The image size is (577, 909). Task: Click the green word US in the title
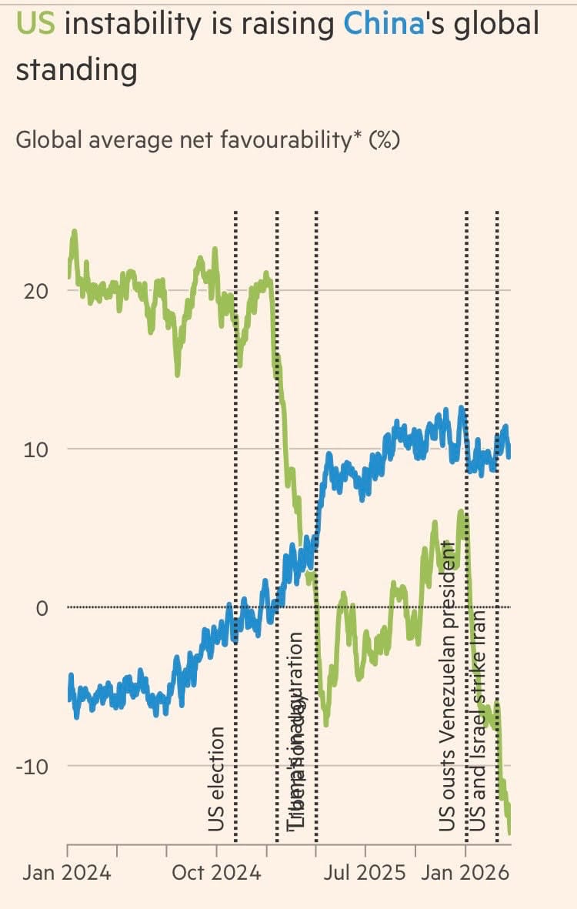[x=35, y=25]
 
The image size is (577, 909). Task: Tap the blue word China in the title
[x=384, y=25]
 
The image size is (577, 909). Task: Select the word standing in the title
[x=76, y=70]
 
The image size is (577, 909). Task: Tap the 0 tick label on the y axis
[x=42, y=608]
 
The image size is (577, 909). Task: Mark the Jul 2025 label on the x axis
[x=364, y=874]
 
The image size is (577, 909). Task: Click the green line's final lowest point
[x=509, y=832]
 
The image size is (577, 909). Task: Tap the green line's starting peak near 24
[x=74, y=231]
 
